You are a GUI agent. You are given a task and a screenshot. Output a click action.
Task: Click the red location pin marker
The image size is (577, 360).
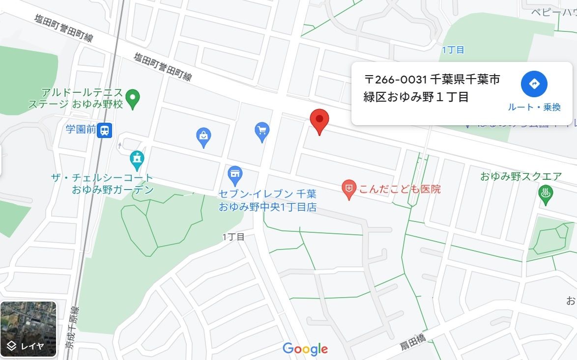[x=319, y=120]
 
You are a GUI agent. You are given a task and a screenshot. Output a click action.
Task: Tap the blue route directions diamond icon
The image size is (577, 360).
[x=534, y=84]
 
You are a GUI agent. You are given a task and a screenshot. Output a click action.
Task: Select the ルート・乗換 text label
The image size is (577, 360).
[x=534, y=107]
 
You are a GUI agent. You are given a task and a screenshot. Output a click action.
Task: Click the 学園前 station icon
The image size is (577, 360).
[x=105, y=131]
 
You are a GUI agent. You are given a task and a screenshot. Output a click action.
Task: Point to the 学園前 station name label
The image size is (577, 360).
[x=80, y=130]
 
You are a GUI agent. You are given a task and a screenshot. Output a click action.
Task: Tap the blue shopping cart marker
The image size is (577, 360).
[x=262, y=131]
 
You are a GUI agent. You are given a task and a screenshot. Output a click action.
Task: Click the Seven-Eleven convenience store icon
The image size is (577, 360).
[x=235, y=174]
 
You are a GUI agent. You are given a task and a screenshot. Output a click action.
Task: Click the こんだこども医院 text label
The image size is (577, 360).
[x=400, y=189]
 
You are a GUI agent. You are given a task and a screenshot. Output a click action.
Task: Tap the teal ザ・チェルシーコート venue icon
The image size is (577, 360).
[x=137, y=159]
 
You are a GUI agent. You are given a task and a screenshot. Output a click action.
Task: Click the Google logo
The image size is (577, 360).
[x=305, y=349]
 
